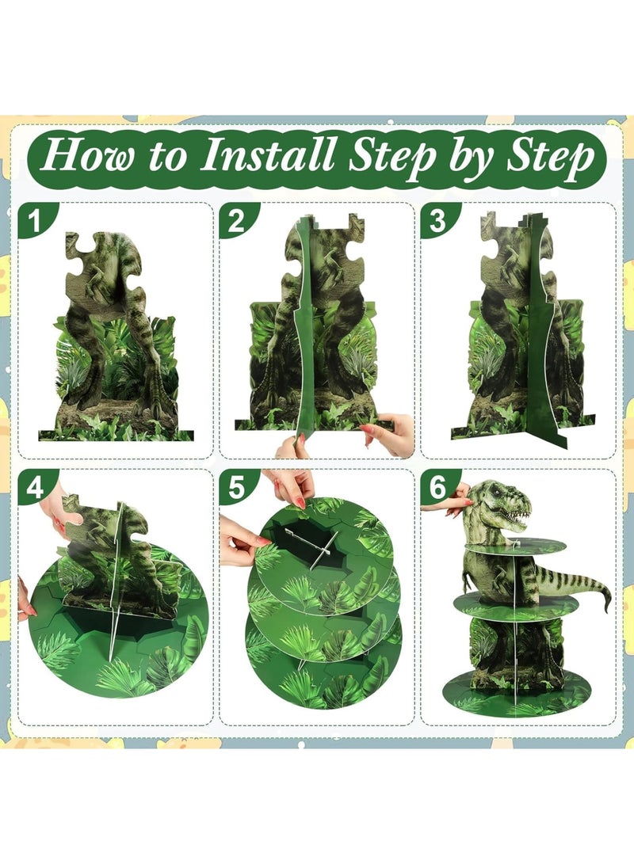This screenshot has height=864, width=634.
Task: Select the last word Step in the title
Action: (x=548, y=157)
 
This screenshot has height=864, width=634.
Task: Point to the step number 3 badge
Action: (x=437, y=223)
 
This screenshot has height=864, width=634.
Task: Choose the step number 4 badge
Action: (x=34, y=488)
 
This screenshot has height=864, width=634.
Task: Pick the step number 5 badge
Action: (x=235, y=488)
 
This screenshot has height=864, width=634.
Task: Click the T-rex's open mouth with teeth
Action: (x=516, y=519)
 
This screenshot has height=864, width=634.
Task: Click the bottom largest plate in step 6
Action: (x=516, y=696)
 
